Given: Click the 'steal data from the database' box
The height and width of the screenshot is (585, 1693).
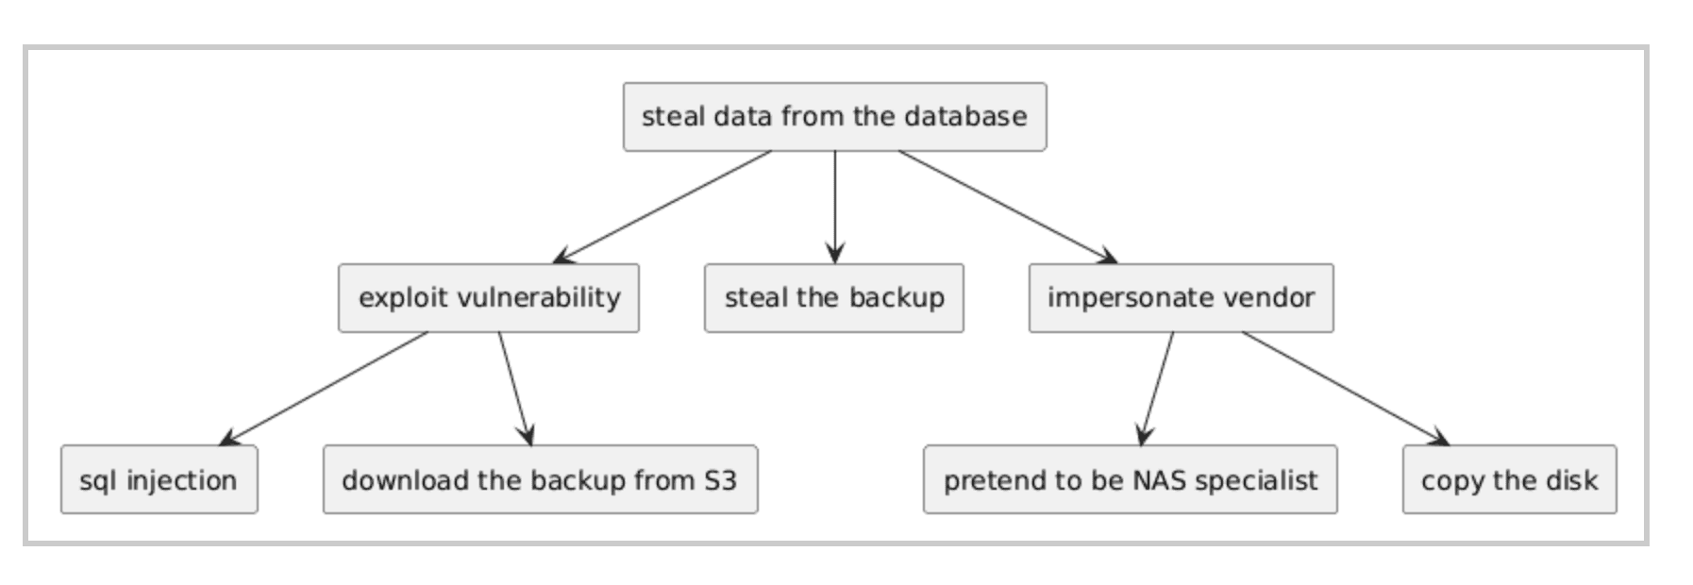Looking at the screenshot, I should (833, 117).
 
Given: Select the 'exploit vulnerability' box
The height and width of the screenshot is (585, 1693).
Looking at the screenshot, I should (488, 298).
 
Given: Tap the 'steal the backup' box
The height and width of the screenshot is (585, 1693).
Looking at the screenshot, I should (833, 298).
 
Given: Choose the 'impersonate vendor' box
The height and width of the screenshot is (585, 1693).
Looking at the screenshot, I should (1180, 298).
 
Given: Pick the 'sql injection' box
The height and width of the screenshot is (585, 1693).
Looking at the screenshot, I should (159, 480).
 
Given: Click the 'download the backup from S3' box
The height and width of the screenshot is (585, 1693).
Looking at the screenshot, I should (539, 480).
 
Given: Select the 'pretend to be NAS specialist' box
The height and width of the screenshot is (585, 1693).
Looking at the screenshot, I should (1129, 480).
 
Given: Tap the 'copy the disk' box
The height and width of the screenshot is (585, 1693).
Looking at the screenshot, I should (1508, 480).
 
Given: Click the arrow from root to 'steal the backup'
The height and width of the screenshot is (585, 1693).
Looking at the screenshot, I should (834, 208).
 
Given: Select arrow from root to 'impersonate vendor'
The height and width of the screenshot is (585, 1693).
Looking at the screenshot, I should (1008, 207).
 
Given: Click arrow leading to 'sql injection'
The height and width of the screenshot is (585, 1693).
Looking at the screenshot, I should (323, 389).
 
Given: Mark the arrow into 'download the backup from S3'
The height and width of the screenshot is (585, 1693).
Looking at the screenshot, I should (515, 389).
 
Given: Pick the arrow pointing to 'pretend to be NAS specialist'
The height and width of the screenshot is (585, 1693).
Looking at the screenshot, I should (1158, 389).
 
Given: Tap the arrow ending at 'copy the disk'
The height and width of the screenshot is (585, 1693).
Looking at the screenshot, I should (1346, 389).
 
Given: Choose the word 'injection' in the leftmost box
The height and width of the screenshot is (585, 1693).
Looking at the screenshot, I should (181, 480).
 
